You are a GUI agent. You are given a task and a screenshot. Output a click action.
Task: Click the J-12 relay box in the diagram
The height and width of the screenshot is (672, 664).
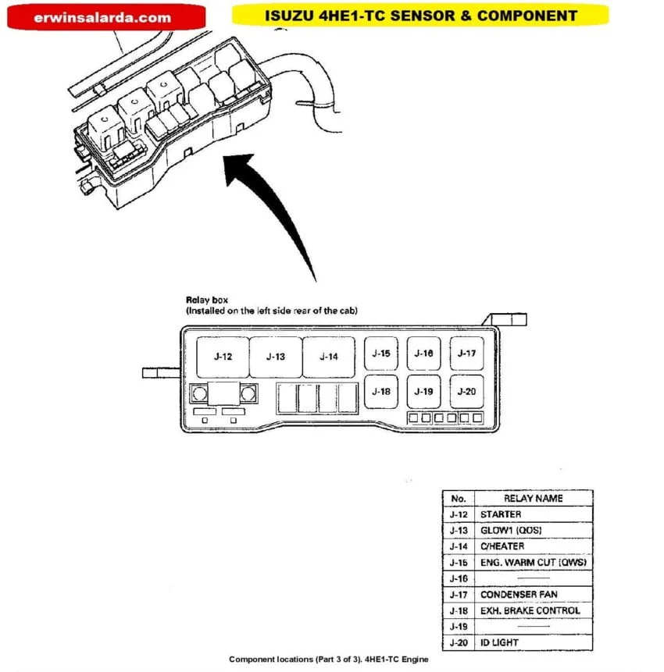[x=223, y=357]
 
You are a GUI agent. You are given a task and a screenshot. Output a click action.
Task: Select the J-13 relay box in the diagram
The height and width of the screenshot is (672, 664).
[x=275, y=357]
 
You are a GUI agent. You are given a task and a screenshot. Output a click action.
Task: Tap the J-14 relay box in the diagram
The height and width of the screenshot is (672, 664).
[x=329, y=357]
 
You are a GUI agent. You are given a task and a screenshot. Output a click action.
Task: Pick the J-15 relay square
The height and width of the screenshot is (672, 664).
[x=381, y=354]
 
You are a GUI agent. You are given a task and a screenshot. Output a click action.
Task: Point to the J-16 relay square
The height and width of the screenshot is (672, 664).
[x=423, y=354]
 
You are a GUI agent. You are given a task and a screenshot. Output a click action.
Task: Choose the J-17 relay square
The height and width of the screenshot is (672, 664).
[x=466, y=354]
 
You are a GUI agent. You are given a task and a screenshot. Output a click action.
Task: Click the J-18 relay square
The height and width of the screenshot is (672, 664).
[x=381, y=391]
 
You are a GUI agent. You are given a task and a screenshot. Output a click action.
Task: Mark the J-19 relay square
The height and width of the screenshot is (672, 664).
[x=423, y=391]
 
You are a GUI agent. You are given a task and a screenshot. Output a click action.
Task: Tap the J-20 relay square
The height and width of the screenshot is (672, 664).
[x=466, y=391]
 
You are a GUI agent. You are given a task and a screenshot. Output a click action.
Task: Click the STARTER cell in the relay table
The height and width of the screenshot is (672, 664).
[x=533, y=514]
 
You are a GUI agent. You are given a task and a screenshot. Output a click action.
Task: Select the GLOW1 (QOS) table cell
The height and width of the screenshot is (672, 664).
[x=533, y=531]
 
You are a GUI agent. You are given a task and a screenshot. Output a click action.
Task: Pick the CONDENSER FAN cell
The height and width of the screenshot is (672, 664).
[x=533, y=595]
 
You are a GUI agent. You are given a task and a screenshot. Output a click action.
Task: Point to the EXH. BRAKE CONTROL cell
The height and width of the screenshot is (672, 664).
[x=533, y=610]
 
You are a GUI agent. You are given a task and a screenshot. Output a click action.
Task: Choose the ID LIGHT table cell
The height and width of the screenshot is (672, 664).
[x=533, y=642]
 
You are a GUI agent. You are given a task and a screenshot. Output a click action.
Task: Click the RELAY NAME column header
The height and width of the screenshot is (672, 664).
[x=533, y=498]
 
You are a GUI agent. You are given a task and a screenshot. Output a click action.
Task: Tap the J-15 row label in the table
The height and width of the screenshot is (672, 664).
[x=459, y=563]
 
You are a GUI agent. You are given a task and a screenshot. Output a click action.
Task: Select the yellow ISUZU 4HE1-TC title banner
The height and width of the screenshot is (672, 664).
[x=420, y=15]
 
